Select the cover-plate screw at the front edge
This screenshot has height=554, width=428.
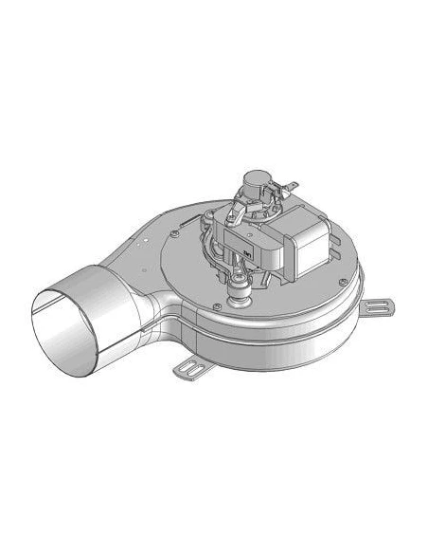click(220, 305)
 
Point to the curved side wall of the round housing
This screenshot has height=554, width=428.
click(284, 332)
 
